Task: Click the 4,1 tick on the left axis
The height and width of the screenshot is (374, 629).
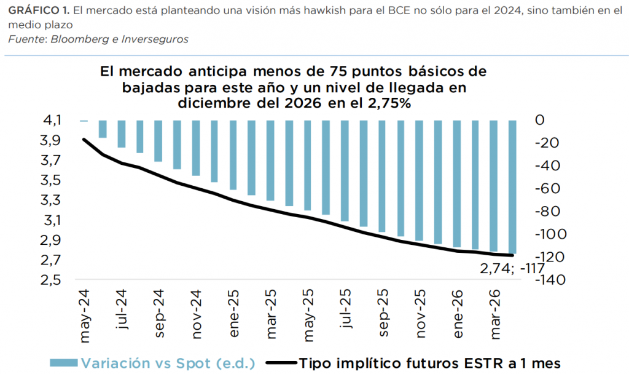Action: (52, 121)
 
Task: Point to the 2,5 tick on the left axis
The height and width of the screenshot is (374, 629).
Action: (52, 280)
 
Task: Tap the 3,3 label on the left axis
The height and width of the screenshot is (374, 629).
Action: (52, 200)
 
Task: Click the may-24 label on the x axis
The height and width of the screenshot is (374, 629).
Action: (85, 311)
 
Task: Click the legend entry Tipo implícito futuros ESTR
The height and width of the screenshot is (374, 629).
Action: (430, 362)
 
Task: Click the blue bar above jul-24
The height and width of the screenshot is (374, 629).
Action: (122, 134)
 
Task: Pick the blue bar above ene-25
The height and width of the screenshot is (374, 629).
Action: (233, 155)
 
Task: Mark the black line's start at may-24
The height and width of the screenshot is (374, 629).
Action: (84, 140)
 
